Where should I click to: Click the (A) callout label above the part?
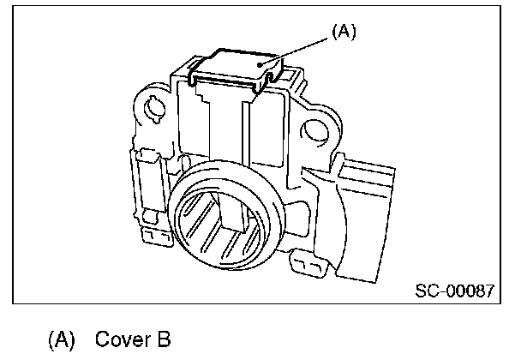tap(344, 32)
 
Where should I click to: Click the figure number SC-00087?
tap(455, 291)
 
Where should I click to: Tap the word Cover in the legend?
tap(123, 339)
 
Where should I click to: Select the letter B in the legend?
tap(165, 339)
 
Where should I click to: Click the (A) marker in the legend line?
tap(62, 339)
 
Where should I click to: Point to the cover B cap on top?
tap(236, 69)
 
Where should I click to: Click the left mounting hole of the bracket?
tap(154, 108)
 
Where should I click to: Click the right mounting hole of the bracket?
tap(314, 132)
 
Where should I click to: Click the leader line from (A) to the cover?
tap(294, 51)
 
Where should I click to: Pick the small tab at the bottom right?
tap(308, 264)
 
